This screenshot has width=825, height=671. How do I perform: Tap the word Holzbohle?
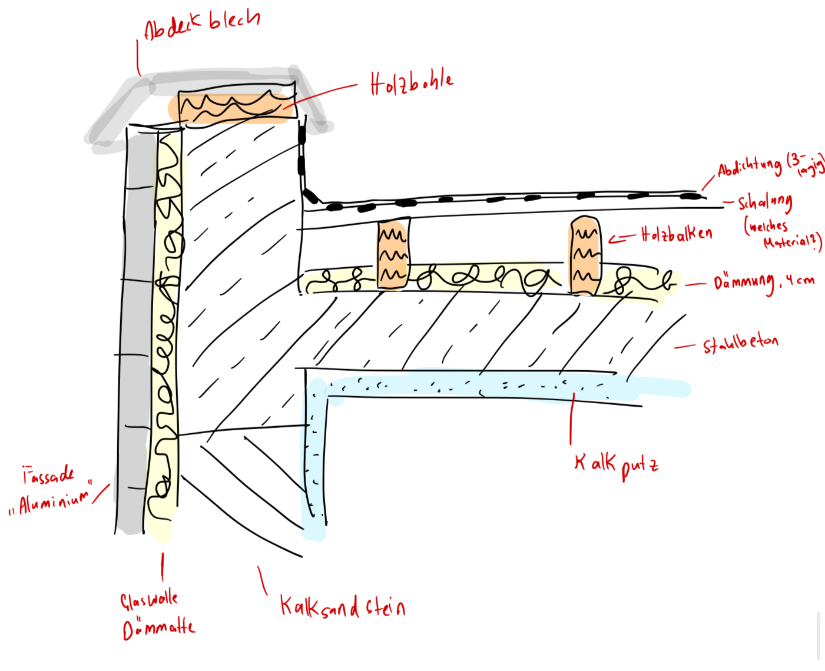tap(412, 83)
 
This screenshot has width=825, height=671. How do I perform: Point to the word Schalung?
tap(765, 202)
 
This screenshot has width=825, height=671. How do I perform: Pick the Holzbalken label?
tap(677, 234)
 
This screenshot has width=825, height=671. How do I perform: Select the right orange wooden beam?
tap(585, 256)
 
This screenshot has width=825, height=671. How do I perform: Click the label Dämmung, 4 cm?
tap(764, 283)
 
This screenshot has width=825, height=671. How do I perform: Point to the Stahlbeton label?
tap(740, 343)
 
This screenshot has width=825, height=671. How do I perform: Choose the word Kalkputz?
tap(616, 464)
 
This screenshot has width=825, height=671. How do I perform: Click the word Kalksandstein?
tap(342, 606)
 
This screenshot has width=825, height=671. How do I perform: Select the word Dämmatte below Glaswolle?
tap(158, 628)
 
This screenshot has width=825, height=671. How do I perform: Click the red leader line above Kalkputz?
tap(571, 421)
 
